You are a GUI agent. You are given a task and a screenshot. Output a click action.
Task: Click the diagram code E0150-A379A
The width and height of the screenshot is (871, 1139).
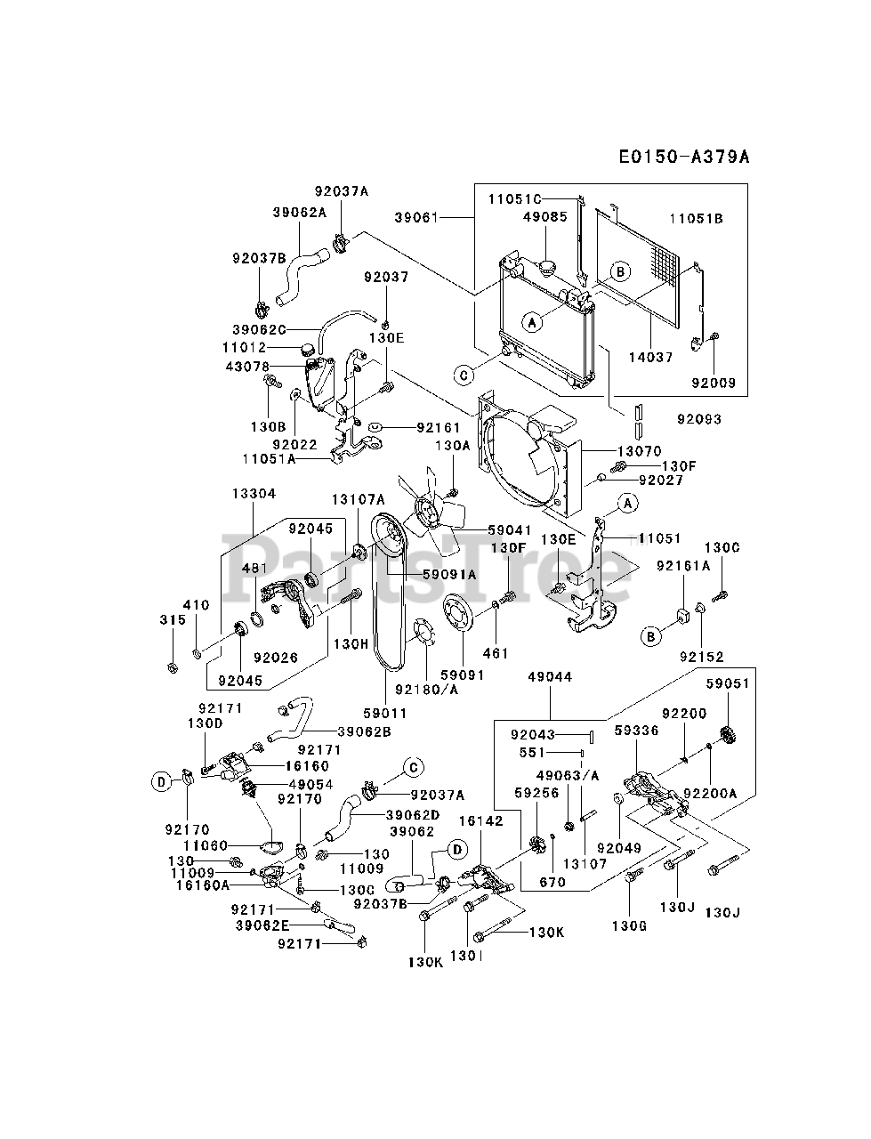click(x=684, y=157)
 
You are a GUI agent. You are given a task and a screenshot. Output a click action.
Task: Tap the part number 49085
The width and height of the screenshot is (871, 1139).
click(x=545, y=217)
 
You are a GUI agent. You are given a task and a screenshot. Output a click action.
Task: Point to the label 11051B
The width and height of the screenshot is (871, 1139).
click(x=697, y=219)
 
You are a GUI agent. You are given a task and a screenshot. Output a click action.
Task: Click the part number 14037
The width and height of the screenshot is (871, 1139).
click(x=651, y=357)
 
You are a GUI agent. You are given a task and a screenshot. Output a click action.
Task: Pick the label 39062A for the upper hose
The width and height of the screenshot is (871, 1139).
click(x=300, y=213)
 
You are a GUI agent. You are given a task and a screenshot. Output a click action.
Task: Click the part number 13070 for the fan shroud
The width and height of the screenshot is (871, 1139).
click(x=640, y=451)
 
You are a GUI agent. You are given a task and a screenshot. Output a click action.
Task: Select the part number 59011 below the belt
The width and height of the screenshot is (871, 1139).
click(x=385, y=714)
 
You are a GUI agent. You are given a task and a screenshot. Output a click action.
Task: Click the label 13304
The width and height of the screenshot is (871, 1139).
click(x=254, y=494)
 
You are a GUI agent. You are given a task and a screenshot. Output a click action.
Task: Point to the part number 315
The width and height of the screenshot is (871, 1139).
click(x=173, y=619)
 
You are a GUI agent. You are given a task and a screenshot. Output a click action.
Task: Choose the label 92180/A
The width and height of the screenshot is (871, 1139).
click(x=426, y=690)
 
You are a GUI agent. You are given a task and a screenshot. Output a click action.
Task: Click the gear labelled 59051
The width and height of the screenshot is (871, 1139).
click(x=729, y=735)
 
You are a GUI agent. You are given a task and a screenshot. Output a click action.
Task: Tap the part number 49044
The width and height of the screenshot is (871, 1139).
click(x=550, y=676)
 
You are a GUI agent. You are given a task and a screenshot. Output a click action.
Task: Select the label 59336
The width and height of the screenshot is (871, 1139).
click(x=636, y=730)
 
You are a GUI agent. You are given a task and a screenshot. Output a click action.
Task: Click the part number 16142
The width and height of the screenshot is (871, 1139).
click(x=481, y=821)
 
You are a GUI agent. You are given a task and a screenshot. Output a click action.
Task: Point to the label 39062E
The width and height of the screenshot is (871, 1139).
click(x=262, y=925)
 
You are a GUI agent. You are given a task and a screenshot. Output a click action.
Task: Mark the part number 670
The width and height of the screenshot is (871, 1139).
click(x=552, y=882)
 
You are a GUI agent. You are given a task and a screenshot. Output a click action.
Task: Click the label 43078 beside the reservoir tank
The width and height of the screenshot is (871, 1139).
click(x=247, y=367)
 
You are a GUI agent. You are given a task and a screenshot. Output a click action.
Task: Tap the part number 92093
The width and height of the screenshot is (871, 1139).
click(x=699, y=419)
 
